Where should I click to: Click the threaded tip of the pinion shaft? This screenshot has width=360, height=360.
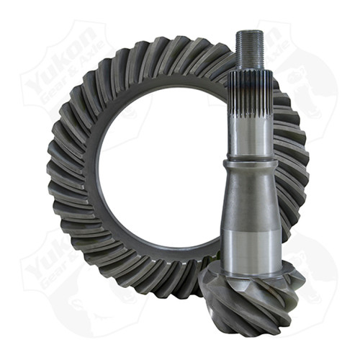click(x=251, y=48)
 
